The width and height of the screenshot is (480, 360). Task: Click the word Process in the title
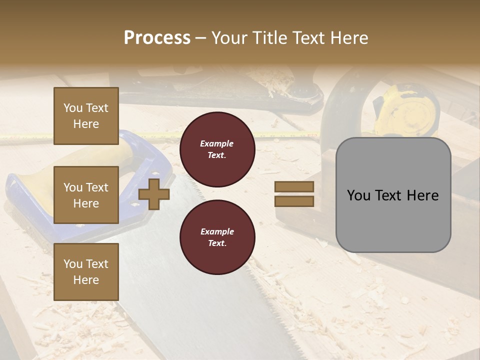tap(157, 38)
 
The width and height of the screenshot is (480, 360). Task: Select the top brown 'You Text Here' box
tap(86, 116)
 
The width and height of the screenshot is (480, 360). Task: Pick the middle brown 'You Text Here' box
tap(86, 195)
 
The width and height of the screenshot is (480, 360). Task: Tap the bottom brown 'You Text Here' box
tap(86, 272)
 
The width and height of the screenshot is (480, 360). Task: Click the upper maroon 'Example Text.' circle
tap(217, 149)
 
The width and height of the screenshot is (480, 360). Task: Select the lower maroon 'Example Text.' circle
tap(217, 237)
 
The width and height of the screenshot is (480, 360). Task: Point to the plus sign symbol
tap(154, 194)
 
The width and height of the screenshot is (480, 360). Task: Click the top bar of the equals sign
tap(294, 187)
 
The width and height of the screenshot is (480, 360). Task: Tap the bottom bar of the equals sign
tap(294, 201)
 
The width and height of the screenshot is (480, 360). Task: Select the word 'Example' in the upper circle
tap(217, 143)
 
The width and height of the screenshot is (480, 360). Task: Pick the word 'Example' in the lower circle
tap(217, 231)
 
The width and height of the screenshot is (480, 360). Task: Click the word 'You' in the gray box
tap(359, 195)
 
